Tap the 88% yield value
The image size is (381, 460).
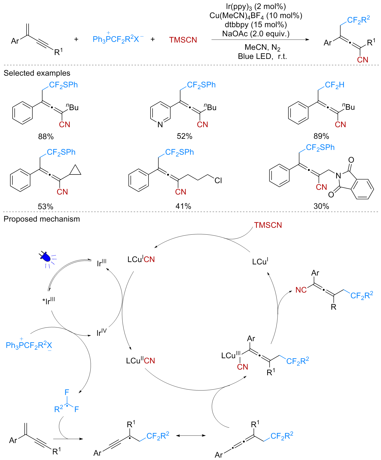coord(46,137)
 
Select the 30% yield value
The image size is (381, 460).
coord(321,206)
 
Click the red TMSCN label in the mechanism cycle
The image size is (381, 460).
coord(268,225)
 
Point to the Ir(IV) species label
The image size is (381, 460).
coord(102,332)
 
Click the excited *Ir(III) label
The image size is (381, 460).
coord(49,301)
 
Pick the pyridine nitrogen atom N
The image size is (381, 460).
coord(160,124)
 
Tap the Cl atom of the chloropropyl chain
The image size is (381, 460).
coord(218,180)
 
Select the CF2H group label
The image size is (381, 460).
coord(334,85)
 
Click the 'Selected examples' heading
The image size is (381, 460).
coord(37,73)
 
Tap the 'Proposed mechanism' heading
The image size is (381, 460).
coord(42,219)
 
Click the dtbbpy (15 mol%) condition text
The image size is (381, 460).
coord(256,25)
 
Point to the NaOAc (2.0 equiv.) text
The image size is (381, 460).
coord(256,34)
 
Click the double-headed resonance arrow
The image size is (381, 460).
coord(191,435)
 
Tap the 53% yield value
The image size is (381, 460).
coord(46,207)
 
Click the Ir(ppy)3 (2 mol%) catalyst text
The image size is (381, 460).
coord(256,7)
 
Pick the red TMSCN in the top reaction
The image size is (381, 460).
coord(183,40)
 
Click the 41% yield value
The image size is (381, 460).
coord(183,206)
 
